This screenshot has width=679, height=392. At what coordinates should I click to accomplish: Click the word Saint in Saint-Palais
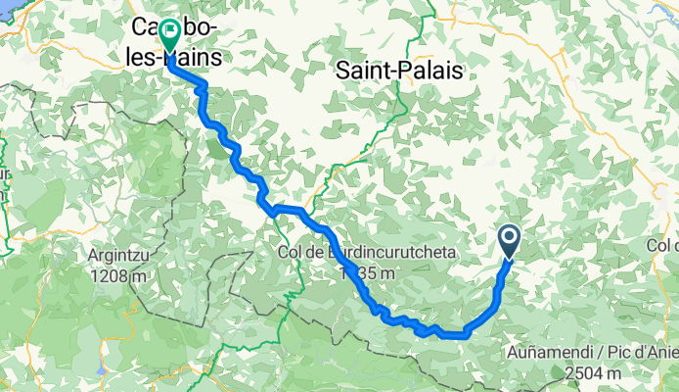pos(365,71)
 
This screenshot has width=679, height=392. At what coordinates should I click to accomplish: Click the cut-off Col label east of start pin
pos(663,243)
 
